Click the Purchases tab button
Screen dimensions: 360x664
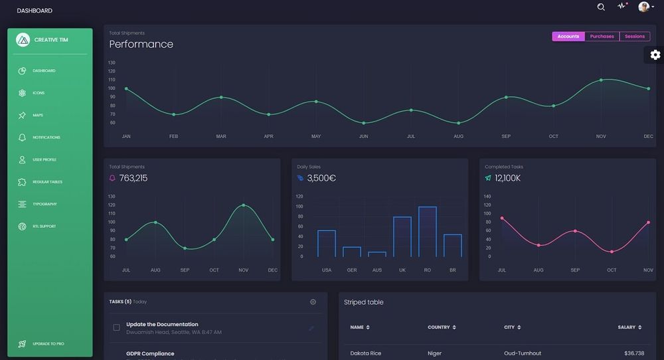pyautogui.click(x=602, y=37)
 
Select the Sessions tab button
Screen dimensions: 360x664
pyautogui.click(x=634, y=37)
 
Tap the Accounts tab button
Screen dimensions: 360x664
pyautogui.click(x=568, y=37)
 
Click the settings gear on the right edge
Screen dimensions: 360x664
pyautogui.click(x=655, y=55)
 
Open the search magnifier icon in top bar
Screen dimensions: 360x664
pyautogui.click(x=601, y=7)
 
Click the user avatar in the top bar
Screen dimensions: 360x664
pyautogui.click(x=643, y=7)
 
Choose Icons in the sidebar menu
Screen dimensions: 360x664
pyautogui.click(x=39, y=93)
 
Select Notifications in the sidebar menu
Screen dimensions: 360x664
pyautogui.click(x=46, y=137)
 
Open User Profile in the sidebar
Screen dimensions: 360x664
pyautogui.click(x=44, y=159)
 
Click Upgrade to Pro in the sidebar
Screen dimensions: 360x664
pyautogui.click(x=48, y=344)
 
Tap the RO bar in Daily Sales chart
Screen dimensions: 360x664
pyautogui.click(x=427, y=231)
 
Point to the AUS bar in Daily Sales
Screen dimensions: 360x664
pyautogui.click(x=376, y=254)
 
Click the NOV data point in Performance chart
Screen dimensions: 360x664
pyautogui.click(x=601, y=80)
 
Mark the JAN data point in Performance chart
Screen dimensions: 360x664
pyautogui.click(x=126, y=88)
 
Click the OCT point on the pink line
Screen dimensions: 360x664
pyautogui.click(x=612, y=252)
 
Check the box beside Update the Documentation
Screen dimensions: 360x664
pyautogui.click(x=117, y=327)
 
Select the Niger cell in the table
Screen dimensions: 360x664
pyautogui.click(x=435, y=353)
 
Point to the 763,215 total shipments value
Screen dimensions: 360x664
pyautogui.click(x=133, y=178)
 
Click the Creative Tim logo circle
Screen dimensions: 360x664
pyautogui.click(x=23, y=40)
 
